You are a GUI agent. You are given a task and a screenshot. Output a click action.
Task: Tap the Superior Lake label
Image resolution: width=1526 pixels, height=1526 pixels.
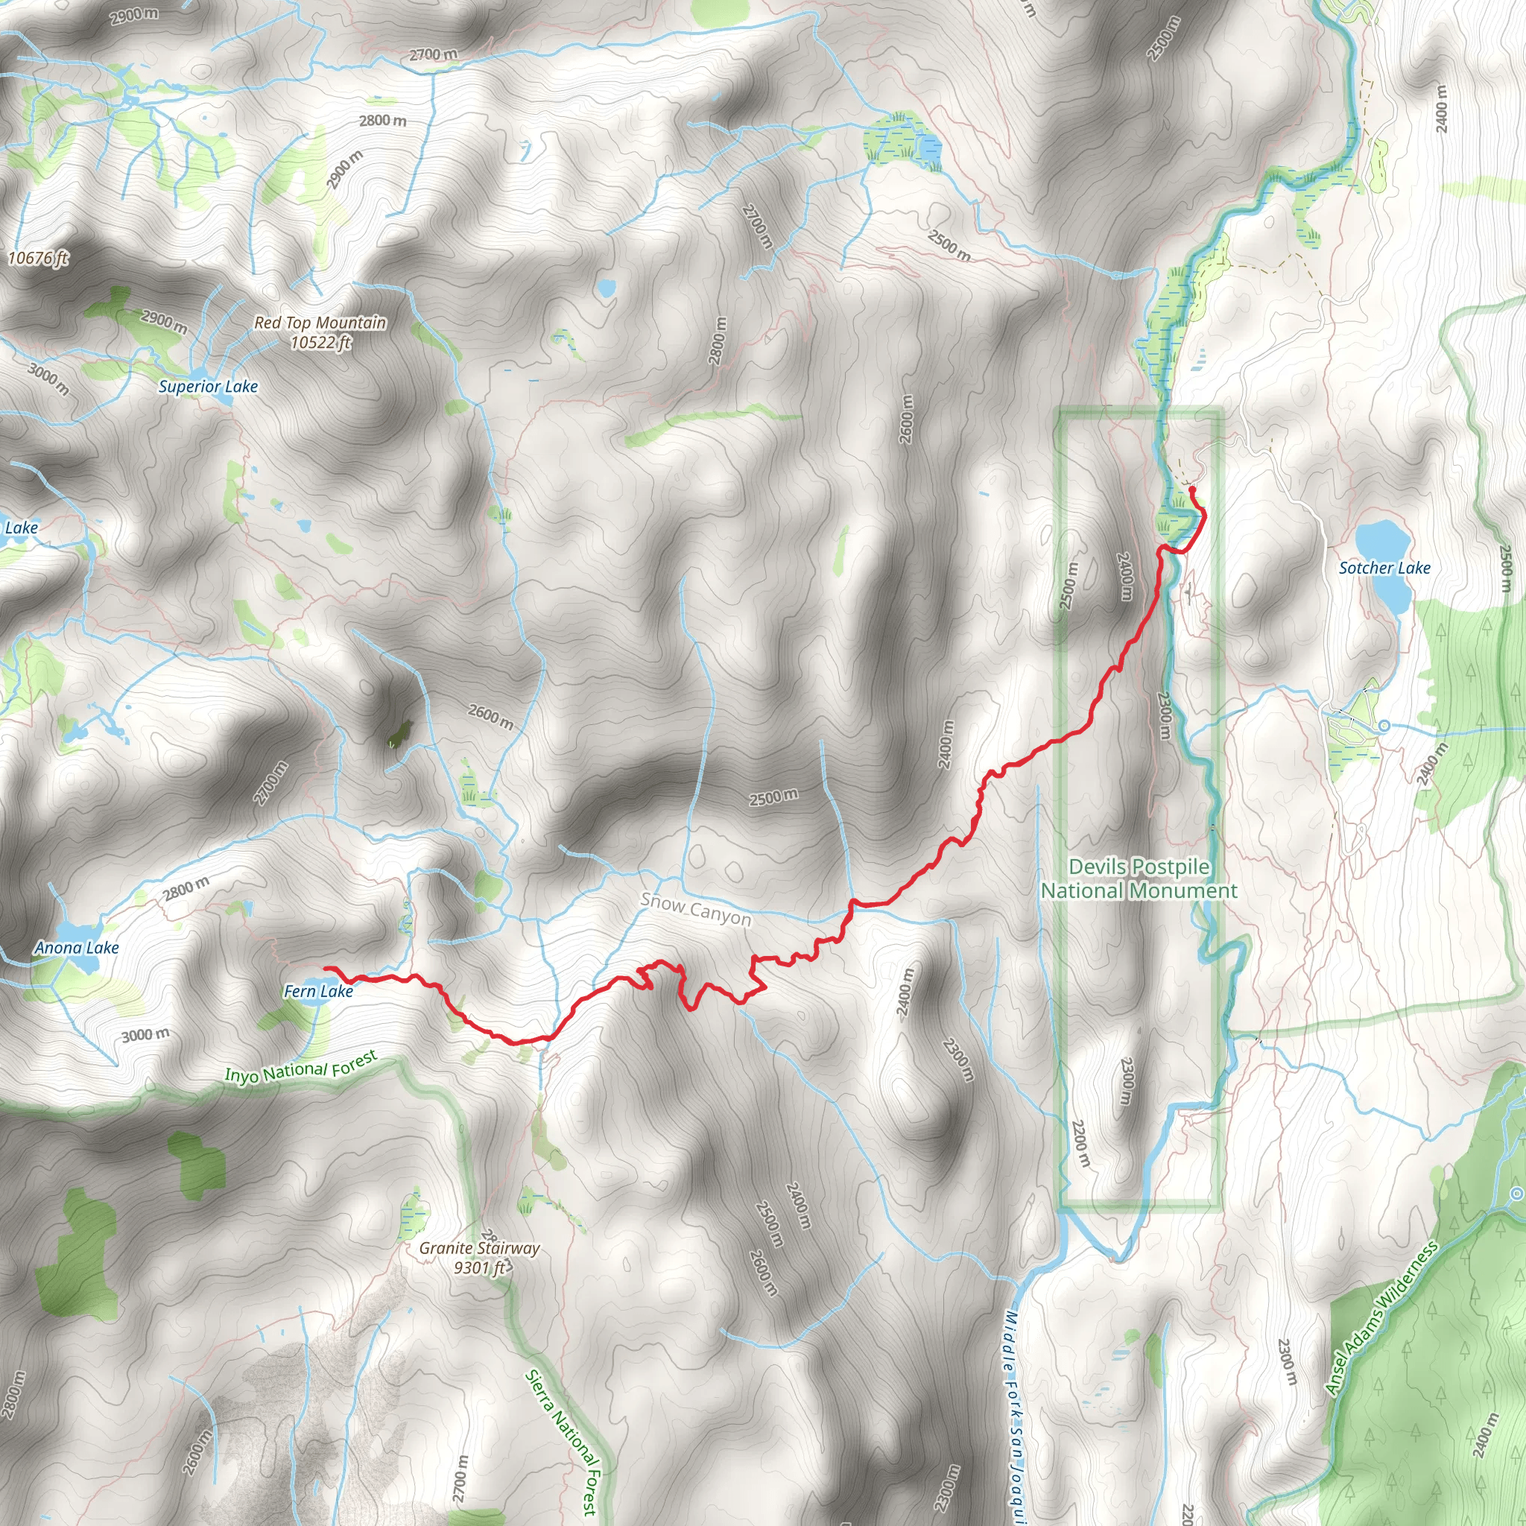[208, 386]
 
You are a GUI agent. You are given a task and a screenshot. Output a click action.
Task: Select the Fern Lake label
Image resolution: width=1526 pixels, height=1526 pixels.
[318, 991]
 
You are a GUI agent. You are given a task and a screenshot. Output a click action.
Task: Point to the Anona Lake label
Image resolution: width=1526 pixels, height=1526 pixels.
[77, 948]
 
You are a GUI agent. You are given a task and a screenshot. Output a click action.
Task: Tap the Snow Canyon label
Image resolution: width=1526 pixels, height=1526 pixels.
[695, 909]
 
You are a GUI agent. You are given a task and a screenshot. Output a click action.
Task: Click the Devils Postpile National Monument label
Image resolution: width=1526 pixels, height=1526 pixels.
[1139, 878]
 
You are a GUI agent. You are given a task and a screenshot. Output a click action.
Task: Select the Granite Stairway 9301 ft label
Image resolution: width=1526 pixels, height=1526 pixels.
[479, 1258]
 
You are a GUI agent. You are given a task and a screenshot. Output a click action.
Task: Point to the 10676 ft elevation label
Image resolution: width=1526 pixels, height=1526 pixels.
[38, 259]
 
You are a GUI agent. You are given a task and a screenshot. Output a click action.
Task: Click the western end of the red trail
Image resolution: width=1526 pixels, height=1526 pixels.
[326, 968]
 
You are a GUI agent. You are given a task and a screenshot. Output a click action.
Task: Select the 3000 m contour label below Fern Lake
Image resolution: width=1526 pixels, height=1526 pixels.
[145, 1035]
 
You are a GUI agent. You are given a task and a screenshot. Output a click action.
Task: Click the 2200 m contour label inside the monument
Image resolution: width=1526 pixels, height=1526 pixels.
[1081, 1143]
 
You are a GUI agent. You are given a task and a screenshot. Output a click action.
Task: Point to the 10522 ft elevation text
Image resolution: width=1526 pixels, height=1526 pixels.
[320, 343]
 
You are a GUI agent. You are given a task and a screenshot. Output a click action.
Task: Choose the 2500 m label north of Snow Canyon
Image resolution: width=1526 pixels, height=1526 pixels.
[773, 797]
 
